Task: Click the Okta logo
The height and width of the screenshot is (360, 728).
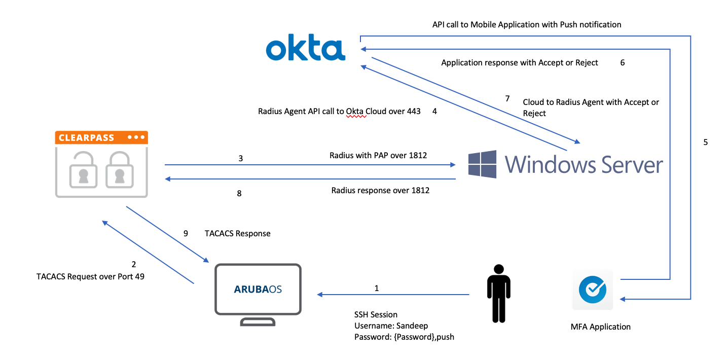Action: pyautogui.click(x=306, y=49)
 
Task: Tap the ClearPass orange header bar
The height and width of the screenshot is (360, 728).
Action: pyautogui.click(x=101, y=138)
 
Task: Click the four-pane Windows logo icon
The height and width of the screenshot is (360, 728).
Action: pyautogui.click(x=482, y=164)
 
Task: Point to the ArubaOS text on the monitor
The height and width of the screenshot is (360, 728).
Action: pyautogui.click(x=258, y=290)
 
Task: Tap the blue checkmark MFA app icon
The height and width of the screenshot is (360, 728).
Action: pyautogui.click(x=592, y=290)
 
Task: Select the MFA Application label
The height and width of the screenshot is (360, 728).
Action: pyautogui.click(x=600, y=327)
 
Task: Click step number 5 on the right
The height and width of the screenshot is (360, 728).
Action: pyautogui.click(x=705, y=142)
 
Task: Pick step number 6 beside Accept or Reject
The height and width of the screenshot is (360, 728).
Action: pyautogui.click(x=623, y=63)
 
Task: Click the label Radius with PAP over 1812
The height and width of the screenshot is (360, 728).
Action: pyautogui.click(x=378, y=155)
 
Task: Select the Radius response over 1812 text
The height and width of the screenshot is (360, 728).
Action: pyautogui.click(x=380, y=191)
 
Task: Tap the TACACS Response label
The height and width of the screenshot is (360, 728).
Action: pyautogui.click(x=237, y=234)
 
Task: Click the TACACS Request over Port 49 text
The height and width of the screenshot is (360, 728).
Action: pyautogui.click(x=90, y=277)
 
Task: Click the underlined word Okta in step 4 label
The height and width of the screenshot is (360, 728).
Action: pyautogui.click(x=356, y=112)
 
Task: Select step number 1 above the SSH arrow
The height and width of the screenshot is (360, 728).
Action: pyautogui.click(x=376, y=289)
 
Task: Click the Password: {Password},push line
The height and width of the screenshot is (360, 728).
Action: pyautogui.click(x=404, y=337)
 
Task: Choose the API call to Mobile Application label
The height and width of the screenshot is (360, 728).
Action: pyautogui.click(x=526, y=24)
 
